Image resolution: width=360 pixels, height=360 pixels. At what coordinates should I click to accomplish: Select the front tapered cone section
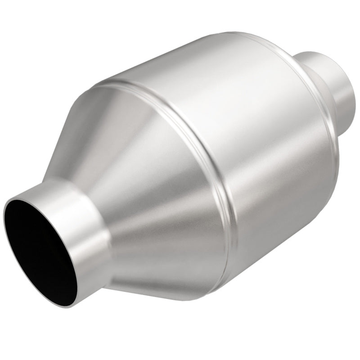point(148,189)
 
